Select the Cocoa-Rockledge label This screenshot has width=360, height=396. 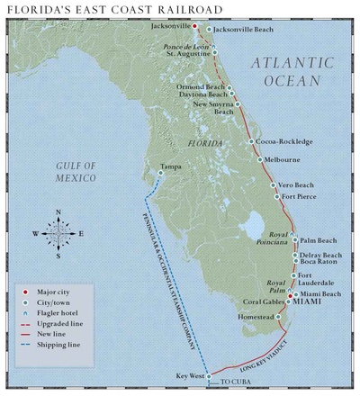[284, 142]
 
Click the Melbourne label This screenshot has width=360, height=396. [281, 160]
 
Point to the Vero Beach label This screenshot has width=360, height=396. [297, 184]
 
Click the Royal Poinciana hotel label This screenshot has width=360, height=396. [273, 238]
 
